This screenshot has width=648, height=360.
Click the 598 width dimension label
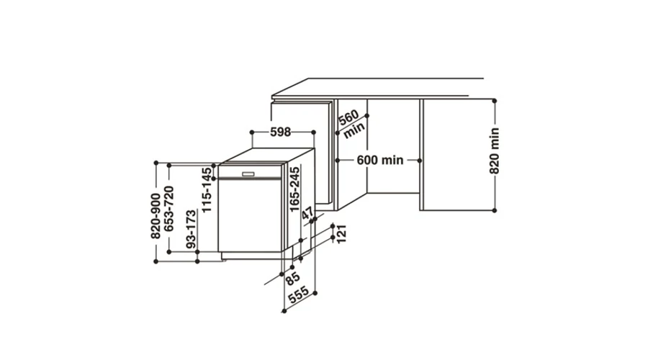click(x=281, y=132)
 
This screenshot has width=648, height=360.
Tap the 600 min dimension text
click(x=379, y=160)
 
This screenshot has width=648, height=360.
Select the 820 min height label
click(x=494, y=151)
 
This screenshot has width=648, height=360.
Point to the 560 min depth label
click(x=351, y=123)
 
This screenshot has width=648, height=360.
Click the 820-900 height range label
click(x=156, y=216)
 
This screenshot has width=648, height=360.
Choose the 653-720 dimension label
click(x=169, y=209)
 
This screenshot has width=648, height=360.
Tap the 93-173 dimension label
click(x=191, y=229)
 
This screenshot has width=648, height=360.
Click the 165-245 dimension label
click(x=294, y=189)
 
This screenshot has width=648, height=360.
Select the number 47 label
click(x=307, y=214)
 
